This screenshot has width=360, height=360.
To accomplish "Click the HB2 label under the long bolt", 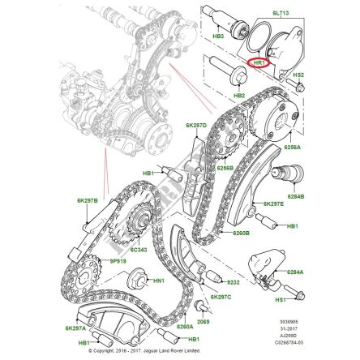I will click(x=239, y=96).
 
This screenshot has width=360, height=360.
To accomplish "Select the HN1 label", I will click(x=159, y=281).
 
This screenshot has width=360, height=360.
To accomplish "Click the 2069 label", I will click(x=204, y=320).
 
